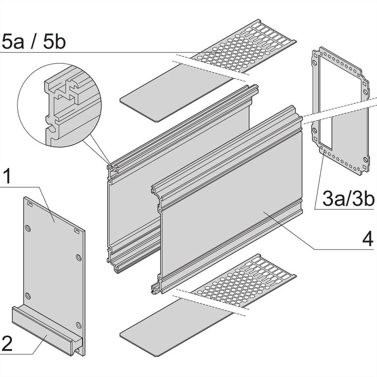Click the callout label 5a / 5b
(x=34, y=41)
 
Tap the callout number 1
(x=8, y=176)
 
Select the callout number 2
(x=8, y=344)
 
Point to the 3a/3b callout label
(x=348, y=199)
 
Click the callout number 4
(x=366, y=238)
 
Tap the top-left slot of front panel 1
(x=30, y=204)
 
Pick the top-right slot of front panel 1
(x=77, y=230)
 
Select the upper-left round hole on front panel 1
(x=28, y=228)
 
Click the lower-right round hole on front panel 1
(x=78, y=325)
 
